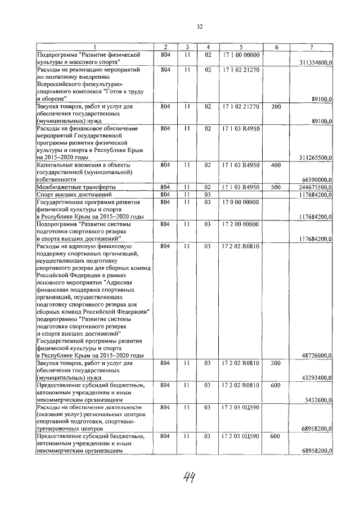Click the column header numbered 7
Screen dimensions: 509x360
[x=311, y=46]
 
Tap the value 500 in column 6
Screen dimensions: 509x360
[x=276, y=187]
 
